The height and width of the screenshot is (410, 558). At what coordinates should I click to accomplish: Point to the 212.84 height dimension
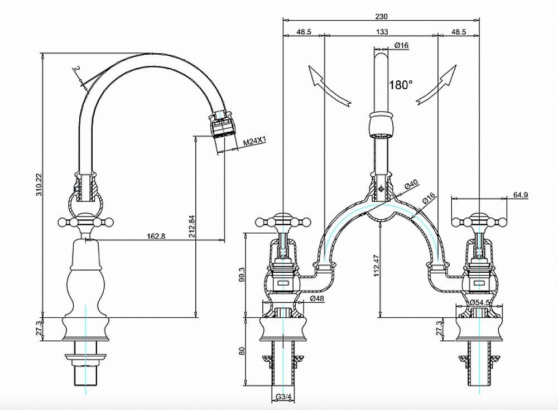pyautogui.click(x=191, y=225)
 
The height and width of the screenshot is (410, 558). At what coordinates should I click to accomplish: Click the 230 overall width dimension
pyautogui.click(x=381, y=16)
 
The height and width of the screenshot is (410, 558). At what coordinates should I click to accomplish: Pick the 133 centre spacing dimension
pyautogui.click(x=381, y=32)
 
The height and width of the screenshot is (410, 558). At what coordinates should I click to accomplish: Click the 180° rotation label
pyautogui.click(x=401, y=85)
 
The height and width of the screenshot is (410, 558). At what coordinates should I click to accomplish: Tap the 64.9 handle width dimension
pyautogui.click(x=519, y=195)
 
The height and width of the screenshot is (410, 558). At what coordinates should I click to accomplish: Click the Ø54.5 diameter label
pyautogui.click(x=479, y=302)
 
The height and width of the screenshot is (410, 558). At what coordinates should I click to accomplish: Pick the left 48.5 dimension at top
pyautogui.click(x=304, y=32)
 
